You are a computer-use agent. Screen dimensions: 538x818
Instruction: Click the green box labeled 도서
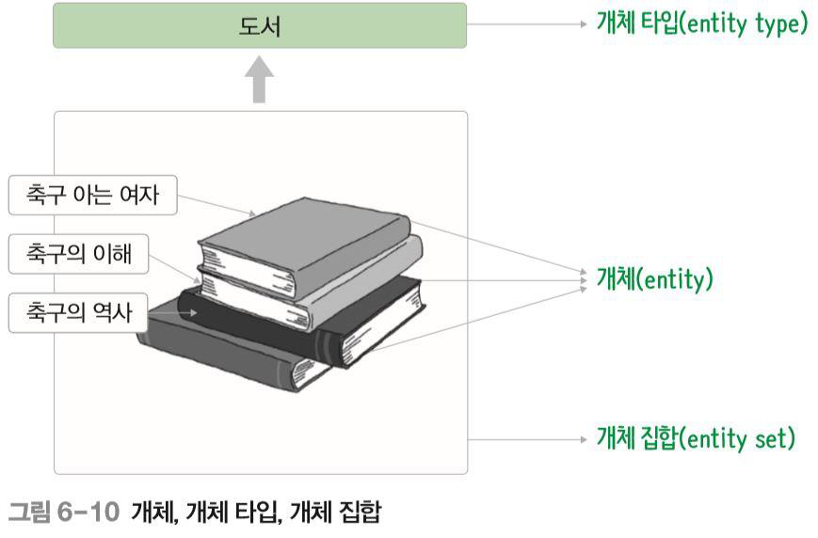click(x=259, y=25)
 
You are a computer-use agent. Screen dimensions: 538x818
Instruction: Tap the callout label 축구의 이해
click(x=78, y=254)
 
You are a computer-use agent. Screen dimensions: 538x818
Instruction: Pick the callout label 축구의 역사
click(x=78, y=311)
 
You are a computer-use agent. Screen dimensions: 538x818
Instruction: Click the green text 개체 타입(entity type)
click(x=702, y=24)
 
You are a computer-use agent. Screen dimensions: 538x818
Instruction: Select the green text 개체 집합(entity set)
click(x=697, y=437)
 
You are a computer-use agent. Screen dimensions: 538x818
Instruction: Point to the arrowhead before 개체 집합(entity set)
click(x=584, y=438)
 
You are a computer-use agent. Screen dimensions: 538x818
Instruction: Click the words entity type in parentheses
click(x=747, y=24)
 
